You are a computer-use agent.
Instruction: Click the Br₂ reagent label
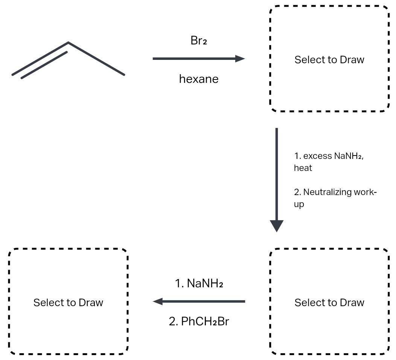(198, 41)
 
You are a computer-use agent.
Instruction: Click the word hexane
(198, 79)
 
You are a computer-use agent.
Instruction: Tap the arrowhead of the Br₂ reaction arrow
(240, 59)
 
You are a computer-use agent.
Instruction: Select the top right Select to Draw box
(329, 59)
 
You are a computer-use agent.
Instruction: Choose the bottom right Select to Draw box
(329, 302)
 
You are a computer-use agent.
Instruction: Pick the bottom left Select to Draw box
(68, 302)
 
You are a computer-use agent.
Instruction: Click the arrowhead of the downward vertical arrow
(277, 226)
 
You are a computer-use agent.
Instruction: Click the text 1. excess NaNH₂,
(329, 156)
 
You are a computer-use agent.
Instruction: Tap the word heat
(303, 168)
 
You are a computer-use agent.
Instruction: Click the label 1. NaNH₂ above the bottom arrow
(199, 283)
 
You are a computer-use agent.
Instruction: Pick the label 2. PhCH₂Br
(199, 321)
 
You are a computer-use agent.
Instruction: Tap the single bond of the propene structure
(96, 59)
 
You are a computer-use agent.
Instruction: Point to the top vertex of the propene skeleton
(69, 43)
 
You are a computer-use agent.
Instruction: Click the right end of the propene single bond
(123, 75)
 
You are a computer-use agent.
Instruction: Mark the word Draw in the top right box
(352, 59)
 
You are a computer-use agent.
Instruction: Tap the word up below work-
(299, 204)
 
